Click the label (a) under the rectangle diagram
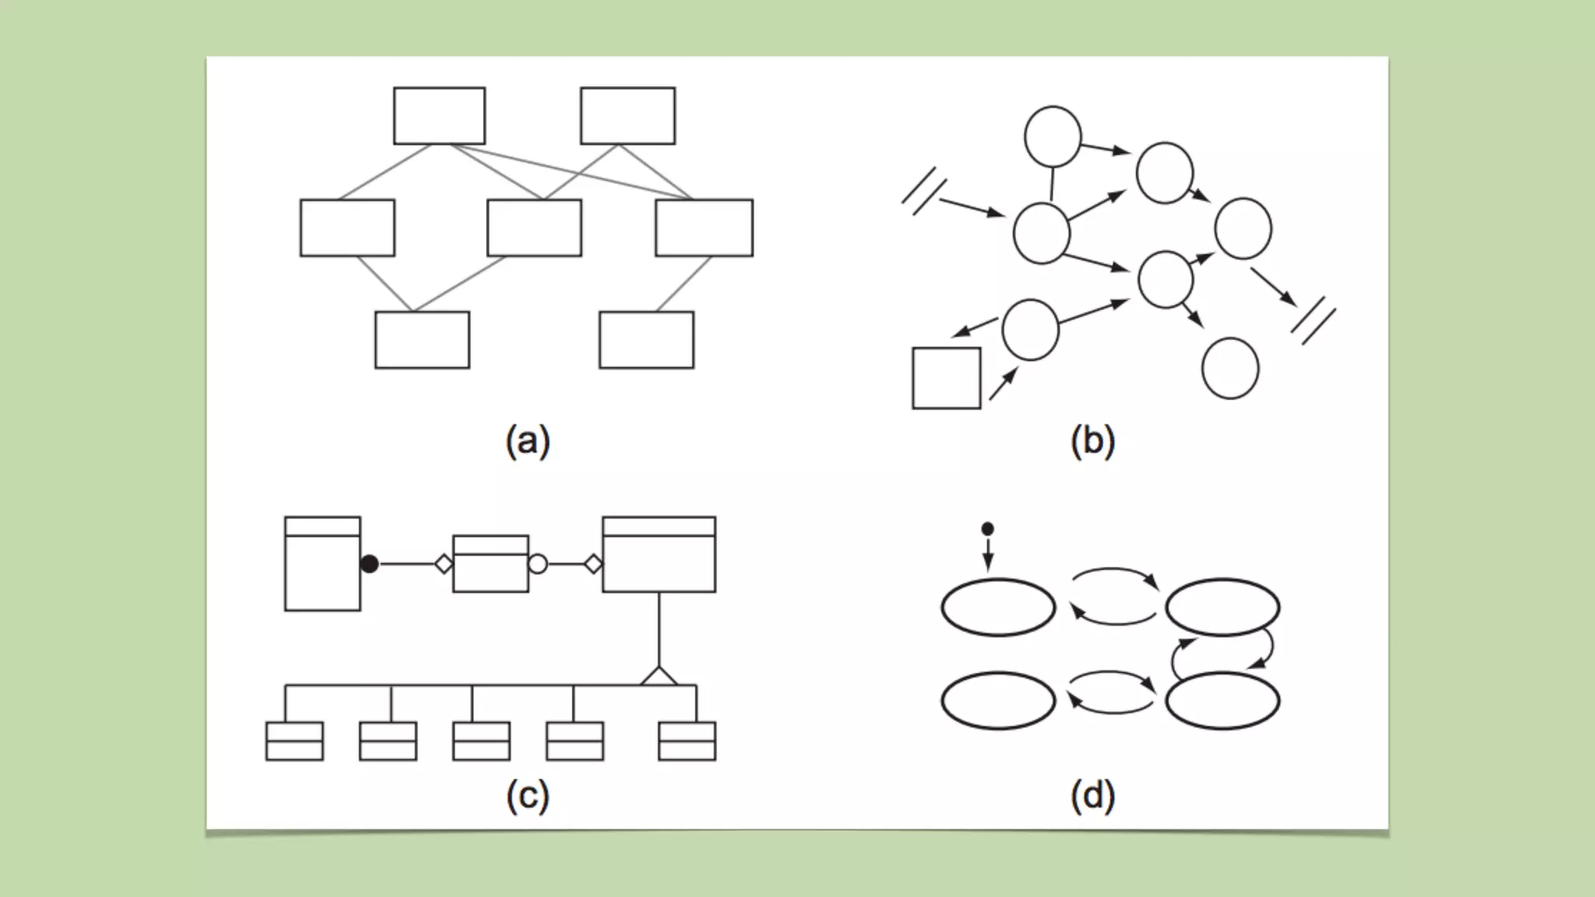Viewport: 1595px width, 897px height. (527, 441)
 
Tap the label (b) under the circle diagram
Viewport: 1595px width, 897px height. (1092, 441)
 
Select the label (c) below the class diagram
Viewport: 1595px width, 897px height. (527, 796)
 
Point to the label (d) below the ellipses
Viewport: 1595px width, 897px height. (1092, 796)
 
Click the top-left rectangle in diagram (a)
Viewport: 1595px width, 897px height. (439, 116)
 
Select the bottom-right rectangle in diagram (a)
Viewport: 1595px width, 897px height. (646, 340)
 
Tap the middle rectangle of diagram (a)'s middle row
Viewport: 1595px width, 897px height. (534, 228)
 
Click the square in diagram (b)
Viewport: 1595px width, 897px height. (946, 378)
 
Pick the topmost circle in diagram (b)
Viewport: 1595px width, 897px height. (1053, 137)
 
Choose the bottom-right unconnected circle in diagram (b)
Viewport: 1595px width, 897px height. (1231, 368)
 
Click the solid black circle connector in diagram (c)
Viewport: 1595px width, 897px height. (370, 564)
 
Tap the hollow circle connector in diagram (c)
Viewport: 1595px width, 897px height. (537, 564)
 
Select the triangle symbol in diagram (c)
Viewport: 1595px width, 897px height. (659, 677)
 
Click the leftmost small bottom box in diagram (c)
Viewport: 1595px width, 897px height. (294, 741)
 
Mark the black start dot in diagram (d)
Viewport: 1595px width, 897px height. (988, 529)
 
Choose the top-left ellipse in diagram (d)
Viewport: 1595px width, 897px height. (998, 607)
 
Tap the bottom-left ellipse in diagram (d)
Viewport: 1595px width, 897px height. (998, 701)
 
